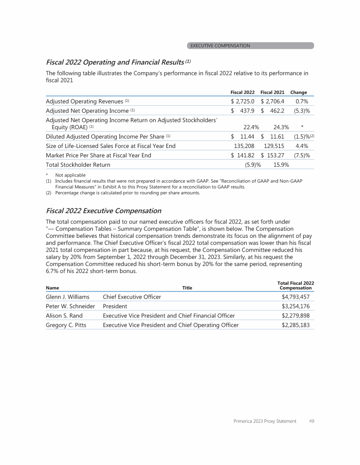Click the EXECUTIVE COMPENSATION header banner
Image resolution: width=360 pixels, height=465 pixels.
coord(250,46)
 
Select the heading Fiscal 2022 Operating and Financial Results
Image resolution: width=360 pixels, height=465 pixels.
coord(118,62)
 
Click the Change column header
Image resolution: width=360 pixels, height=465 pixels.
coord(299,92)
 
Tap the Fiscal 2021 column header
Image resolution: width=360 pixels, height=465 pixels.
coord(272,92)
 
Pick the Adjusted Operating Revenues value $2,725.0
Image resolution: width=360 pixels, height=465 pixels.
coord(243,101)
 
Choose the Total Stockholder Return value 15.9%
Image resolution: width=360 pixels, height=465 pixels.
coord(281,165)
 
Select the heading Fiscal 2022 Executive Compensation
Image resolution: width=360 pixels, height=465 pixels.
coord(104,211)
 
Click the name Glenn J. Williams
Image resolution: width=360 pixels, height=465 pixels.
coord(67,297)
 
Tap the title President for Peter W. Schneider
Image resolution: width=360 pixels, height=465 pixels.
coord(115,306)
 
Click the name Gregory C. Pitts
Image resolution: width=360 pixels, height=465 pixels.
coord(66,325)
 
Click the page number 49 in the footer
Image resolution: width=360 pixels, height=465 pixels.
coord(311,421)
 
